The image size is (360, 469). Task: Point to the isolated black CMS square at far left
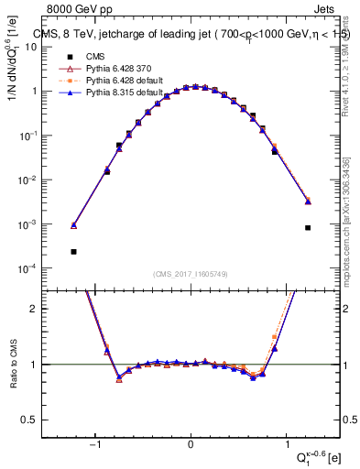tap(73, 251)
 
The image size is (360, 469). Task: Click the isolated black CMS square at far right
tap(308, 228)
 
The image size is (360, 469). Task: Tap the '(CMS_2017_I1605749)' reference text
tap(191, 273)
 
